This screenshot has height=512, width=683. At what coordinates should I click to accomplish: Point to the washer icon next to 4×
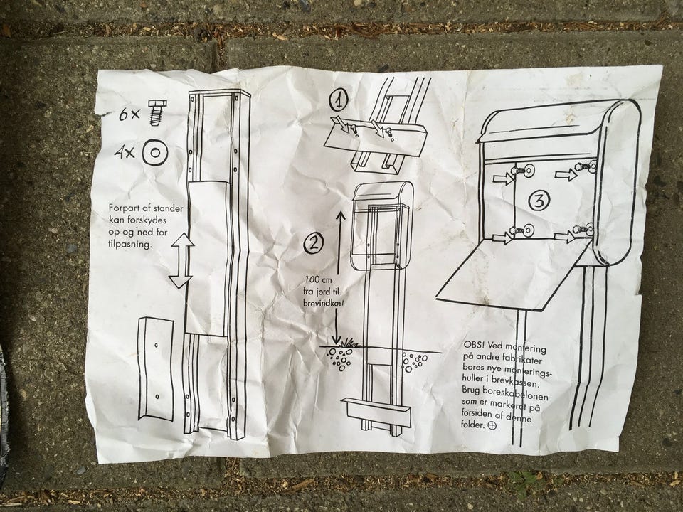click(154, 152)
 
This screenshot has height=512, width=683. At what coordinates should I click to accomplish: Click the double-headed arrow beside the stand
click(181, 262)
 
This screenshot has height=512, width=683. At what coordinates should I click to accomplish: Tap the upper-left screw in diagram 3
click(527, 171)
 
